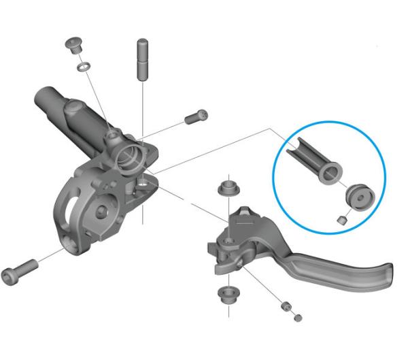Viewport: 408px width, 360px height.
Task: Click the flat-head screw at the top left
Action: point(73,46)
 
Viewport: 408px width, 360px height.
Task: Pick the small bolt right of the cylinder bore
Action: point(195,118)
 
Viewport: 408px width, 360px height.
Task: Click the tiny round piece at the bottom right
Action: point(296,318)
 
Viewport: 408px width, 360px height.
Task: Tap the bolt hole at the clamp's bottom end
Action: point(69,242)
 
